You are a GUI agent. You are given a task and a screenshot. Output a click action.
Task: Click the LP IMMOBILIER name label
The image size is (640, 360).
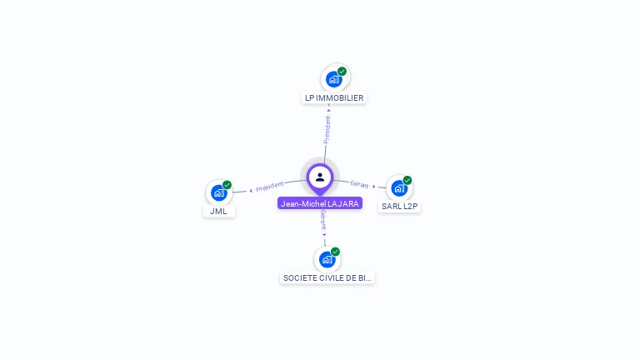334,98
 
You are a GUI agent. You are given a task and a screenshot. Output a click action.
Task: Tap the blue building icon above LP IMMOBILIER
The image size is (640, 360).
333,80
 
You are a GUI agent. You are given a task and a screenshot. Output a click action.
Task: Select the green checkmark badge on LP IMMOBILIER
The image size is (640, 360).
342,72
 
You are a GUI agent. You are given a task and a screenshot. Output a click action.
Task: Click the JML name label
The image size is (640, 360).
218,212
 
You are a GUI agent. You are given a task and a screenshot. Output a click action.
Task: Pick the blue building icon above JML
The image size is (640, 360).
218,193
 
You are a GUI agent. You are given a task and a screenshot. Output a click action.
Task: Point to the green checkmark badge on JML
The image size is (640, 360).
227,185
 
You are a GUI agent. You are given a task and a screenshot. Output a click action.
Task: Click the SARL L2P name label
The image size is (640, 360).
399,207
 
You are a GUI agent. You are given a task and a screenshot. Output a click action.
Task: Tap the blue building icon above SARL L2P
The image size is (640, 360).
398,188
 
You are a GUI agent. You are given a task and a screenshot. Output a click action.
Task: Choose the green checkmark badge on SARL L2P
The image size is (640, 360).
407,180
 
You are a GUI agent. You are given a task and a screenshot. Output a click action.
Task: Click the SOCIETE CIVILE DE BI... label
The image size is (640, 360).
327,278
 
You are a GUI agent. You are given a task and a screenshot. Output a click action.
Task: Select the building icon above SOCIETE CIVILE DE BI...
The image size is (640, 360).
327,260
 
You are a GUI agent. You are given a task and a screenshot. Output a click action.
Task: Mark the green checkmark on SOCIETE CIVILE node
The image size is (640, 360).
335,252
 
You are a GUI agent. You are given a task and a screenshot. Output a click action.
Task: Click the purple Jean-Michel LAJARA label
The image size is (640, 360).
320,203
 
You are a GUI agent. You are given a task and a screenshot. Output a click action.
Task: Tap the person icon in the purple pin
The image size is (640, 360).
320,177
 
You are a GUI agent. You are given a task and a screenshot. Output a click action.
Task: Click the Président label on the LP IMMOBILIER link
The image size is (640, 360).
327,129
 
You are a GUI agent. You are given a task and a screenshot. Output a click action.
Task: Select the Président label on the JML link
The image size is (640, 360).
270,187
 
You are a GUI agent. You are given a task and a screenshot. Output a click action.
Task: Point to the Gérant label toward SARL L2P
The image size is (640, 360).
359,184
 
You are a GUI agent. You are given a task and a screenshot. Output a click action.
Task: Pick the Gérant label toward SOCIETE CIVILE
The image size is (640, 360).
322,220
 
